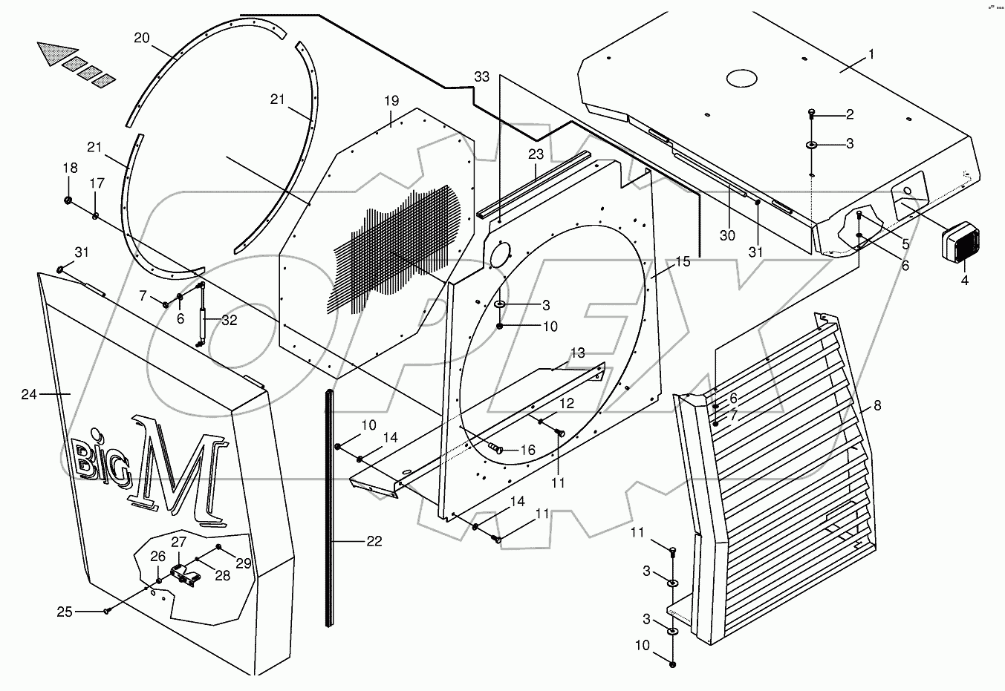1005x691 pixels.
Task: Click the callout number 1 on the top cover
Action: coord(871,54)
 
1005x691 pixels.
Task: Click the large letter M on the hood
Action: coord(175,469)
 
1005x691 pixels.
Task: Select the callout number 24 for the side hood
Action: coord(29,394)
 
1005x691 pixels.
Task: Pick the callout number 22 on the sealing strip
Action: coord(374,541)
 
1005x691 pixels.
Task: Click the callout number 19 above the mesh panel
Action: coord(391,100)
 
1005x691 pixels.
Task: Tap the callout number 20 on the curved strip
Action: coord(142,37)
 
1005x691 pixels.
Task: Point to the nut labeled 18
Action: coord(68,201)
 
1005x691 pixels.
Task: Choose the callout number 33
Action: coord(482,77)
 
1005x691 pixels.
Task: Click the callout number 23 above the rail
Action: coord(536,154)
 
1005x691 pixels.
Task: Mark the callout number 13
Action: coord(578,352)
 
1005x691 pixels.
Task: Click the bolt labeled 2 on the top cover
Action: coord(812,114)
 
